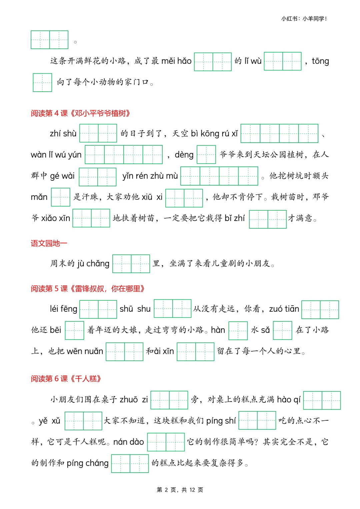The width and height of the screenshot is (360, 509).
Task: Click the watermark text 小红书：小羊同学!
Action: point(304,19)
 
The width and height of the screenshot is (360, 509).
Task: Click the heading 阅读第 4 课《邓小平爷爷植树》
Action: point(80,113)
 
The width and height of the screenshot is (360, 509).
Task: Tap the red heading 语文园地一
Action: point(49,243)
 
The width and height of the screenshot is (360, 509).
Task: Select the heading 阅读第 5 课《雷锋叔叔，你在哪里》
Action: point(88,289)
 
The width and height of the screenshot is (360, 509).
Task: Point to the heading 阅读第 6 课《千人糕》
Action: point(66,379)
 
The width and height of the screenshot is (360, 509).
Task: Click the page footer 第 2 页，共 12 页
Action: point(180,490)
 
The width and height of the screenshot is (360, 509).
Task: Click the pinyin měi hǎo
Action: point(176,61)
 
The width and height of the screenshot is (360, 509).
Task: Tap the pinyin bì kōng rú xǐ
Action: point(214,134)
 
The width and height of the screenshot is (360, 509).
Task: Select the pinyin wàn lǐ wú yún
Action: point(56,155)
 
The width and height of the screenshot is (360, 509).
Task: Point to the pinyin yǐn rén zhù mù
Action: point(150,176)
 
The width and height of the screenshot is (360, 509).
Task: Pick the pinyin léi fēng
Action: point(63,309)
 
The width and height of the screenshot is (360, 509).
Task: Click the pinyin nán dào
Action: point(128,442)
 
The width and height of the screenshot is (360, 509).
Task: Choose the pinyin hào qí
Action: point(289,399)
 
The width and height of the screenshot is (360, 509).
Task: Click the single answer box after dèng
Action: point(206,155)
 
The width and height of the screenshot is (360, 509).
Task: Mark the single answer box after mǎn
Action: point(60,197)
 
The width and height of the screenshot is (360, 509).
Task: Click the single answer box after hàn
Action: point(238,330)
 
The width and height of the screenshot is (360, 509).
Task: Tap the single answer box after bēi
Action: point(74,330)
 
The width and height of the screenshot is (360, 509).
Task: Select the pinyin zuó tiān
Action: point(284,309)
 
